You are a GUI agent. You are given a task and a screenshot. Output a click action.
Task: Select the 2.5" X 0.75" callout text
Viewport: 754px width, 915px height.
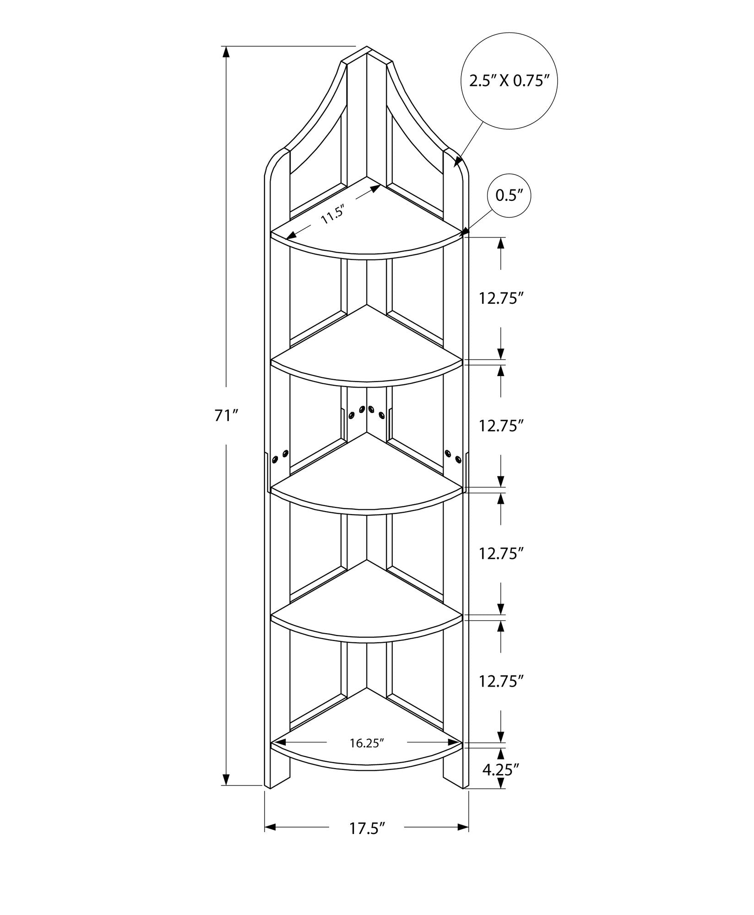tap(510, 81)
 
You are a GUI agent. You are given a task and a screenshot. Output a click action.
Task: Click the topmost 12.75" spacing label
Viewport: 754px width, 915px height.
tap(501, 298)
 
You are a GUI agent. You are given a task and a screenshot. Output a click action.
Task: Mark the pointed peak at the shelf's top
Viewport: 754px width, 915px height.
tap(367, 47)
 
